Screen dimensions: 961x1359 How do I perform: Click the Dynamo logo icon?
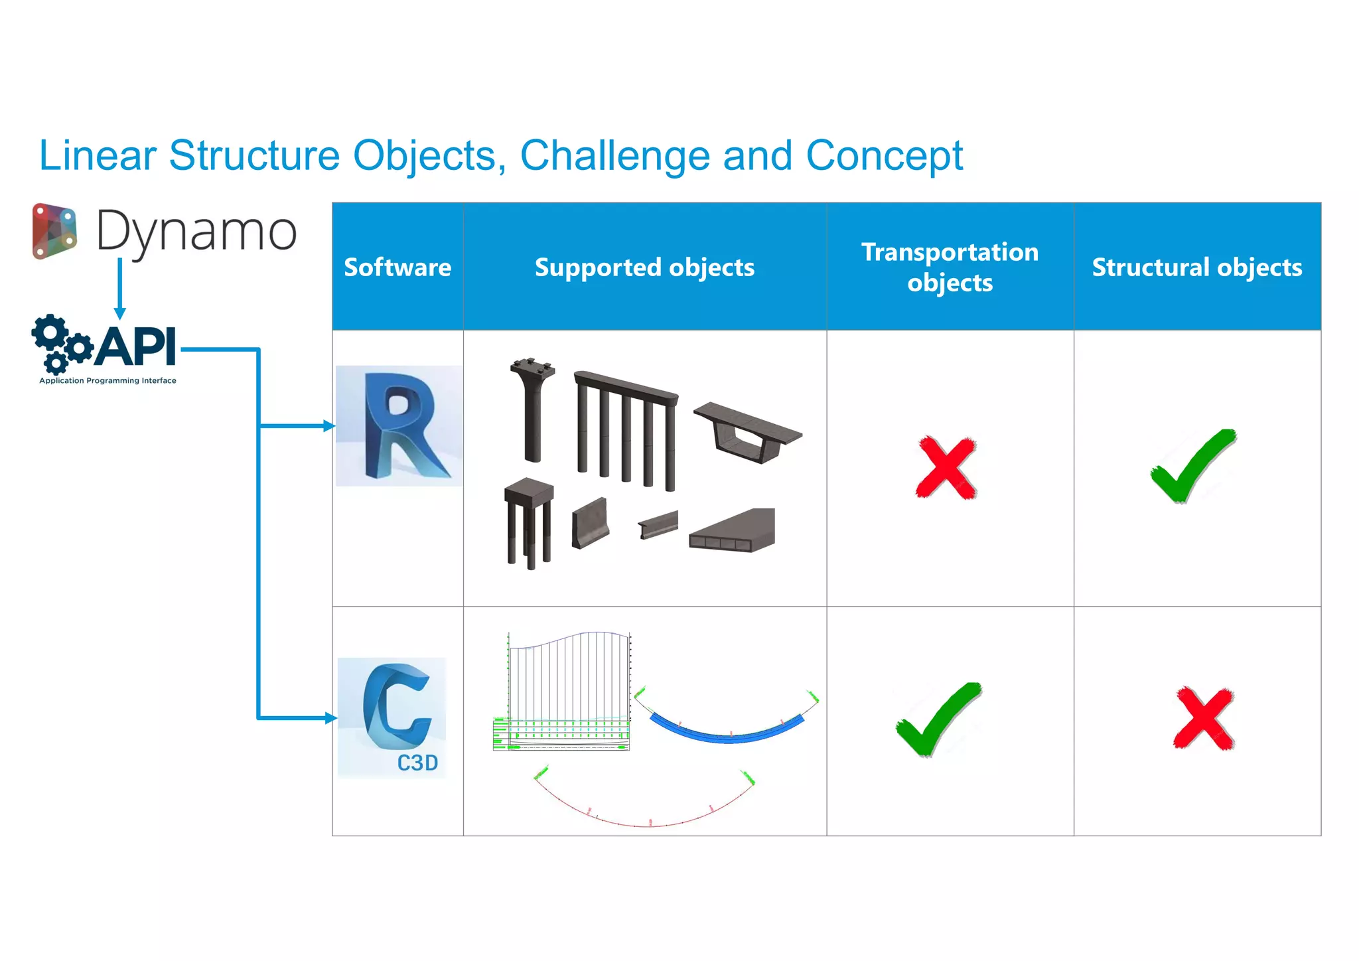point(54,232)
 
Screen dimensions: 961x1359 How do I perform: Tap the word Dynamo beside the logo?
point(196,232)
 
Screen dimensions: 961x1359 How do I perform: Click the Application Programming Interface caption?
point(107,381)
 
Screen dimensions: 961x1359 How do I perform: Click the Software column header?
point(397,267)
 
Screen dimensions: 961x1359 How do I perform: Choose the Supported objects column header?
point(644,267)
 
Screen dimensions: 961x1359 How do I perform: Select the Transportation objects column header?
point(950,267)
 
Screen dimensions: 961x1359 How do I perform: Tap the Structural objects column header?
point(1197,267)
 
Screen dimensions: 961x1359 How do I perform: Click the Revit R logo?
point(399,426)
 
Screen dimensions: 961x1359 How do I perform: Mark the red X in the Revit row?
point(946,467)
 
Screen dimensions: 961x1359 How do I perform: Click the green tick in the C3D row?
point(938,719)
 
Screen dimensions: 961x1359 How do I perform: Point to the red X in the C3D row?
point(1203,719)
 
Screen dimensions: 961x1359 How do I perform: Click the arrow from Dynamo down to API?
point(120,289)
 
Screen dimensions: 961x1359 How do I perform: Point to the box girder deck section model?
point(748,431)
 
